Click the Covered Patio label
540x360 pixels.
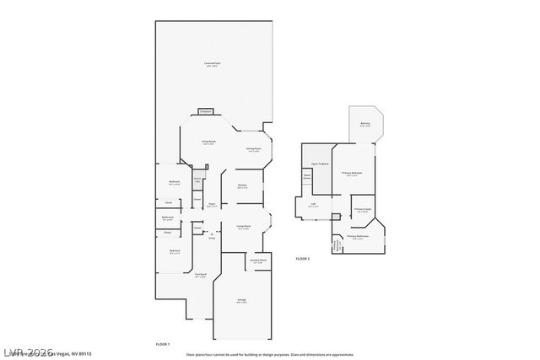tap(212, 64)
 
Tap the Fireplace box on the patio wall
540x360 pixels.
tap(205, 111)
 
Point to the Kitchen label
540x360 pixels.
tap(242, 185)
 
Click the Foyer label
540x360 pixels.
tap(213, 204)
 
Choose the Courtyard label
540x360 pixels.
tap(201, 275)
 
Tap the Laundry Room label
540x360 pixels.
tap(257, 261)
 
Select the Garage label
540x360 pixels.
tap(241, 300)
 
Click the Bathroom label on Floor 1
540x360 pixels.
tap(168, 218)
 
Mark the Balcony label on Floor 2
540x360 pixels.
tap(364, 125)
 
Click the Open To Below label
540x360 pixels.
tap(320, 164)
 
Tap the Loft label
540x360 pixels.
tap(313, 204)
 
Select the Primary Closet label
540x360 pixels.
tap(363, 210)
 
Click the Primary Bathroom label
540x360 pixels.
tap(358, 237)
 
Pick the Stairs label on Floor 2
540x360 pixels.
tap(308, 177)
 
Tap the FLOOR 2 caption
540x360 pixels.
tap(302, 258)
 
